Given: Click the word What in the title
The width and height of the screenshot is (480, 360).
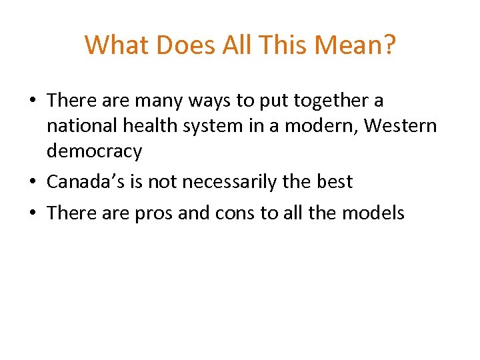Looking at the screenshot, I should tap(115, 45).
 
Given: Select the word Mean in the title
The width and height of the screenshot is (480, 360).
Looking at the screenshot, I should tap(352, 45).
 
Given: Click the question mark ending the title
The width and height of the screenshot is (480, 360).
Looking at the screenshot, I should tap(389, 45).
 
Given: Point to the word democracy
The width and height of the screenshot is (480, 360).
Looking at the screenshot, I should tap(94, 152).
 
